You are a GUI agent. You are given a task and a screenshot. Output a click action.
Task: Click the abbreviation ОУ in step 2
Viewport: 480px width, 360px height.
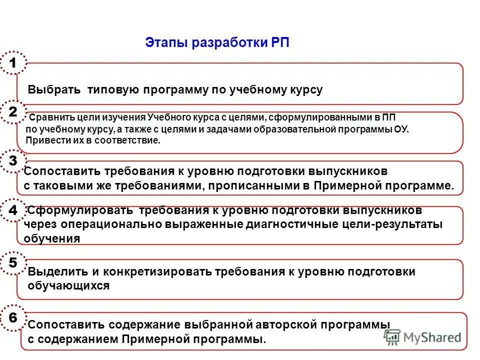[x=400, y=129]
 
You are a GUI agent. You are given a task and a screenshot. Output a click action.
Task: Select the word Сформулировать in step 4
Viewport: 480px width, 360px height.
[x=80, y=210]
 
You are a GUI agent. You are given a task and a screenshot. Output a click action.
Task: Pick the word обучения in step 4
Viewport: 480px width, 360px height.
[x=52, y=238]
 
